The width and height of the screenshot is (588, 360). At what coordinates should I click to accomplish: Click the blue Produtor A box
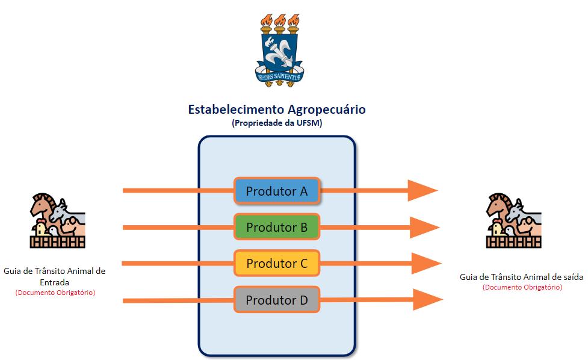(277, 191)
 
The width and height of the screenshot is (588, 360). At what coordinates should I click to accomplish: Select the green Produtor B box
(277, 227)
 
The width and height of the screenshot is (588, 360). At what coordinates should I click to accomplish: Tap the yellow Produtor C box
(277, 263)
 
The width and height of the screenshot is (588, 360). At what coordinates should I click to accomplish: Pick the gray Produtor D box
(277, 299)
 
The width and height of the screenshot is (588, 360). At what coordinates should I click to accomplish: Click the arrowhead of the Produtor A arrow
(422, 191)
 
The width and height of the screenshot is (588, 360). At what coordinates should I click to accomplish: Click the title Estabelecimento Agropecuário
(277, 110)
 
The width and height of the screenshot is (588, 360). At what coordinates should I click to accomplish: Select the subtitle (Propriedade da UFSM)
(277, 123)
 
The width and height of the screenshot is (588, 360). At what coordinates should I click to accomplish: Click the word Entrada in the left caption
(54, 282)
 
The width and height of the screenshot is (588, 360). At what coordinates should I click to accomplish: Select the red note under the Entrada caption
(55, 293)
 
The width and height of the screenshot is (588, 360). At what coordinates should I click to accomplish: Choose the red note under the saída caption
(522, 287)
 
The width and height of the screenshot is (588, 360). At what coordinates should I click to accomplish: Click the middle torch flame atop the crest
(279, 19)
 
